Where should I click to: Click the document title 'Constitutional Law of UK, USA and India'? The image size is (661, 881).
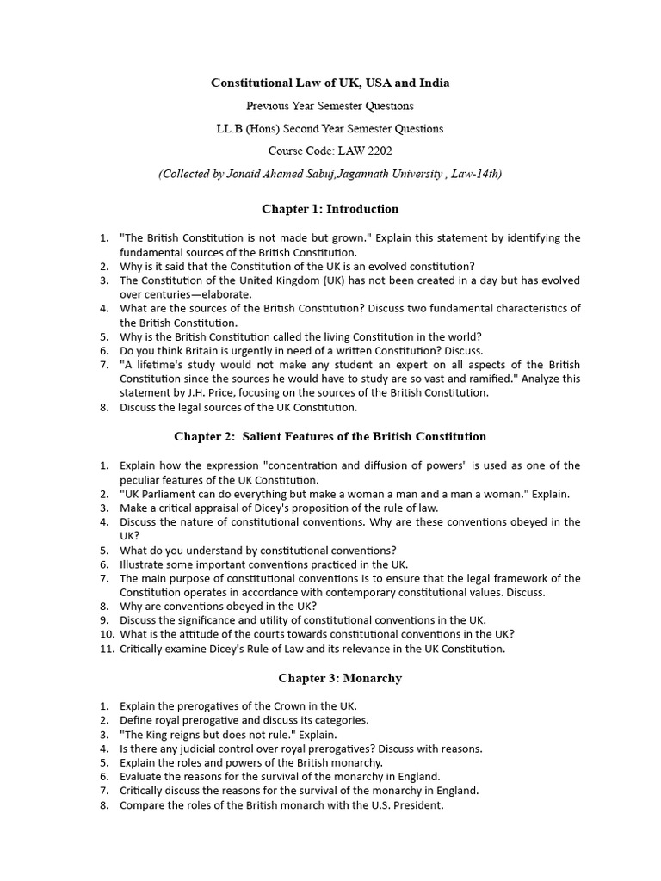pos(330,83)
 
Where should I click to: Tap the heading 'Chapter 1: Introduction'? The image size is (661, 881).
pos(330,209)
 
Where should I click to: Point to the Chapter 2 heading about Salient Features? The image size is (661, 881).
pos(330,436)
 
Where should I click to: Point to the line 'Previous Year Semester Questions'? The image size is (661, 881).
pos(330,107)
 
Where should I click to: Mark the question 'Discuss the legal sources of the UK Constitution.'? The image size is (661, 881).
pos(238,407)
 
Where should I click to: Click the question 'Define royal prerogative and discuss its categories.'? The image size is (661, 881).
pos(244,720)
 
